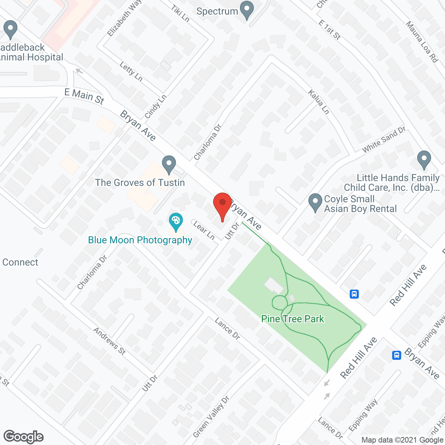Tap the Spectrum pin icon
click(247, 10)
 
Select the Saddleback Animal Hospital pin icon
click(10, 29)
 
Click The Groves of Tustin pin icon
click(169, 164)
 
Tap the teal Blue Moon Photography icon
click(176, 221)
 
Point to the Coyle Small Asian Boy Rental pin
click(315, 202)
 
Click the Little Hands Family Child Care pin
click(424, 160)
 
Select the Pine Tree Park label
click(292, 319)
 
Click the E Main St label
click(84, 96)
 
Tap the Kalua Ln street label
click(319, 102)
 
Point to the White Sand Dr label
click(383, 140)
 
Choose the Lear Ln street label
click(204, 230)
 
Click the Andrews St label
click(109, 341)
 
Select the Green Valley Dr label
click(211, 417)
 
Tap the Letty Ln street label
click(131, 71)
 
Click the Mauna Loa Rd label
click(422, 42)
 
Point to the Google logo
click(24, 437)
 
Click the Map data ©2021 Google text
click(402, 440)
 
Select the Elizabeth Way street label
click(124, 18)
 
